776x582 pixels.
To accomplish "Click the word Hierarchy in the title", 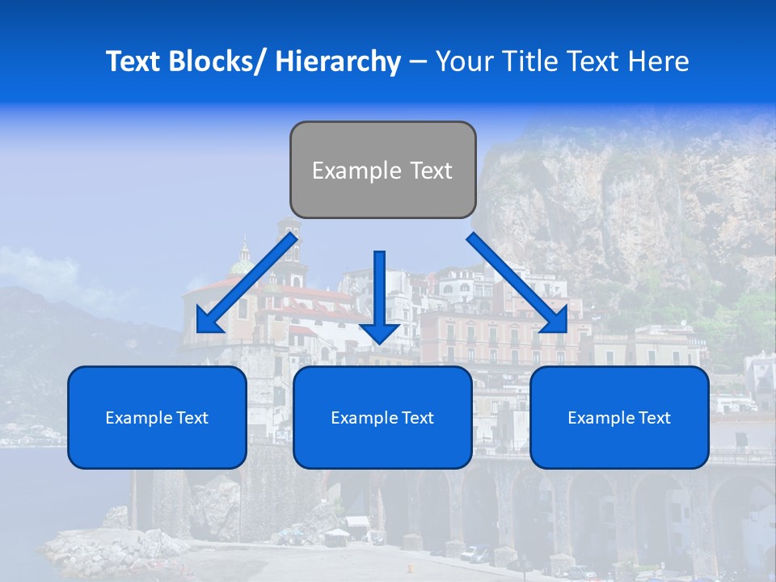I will coord(338,61).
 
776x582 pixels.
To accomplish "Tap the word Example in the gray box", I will coord(356,171).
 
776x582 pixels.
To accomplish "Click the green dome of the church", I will coord(242,264).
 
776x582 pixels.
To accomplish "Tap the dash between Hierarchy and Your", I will coord(418,61).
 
